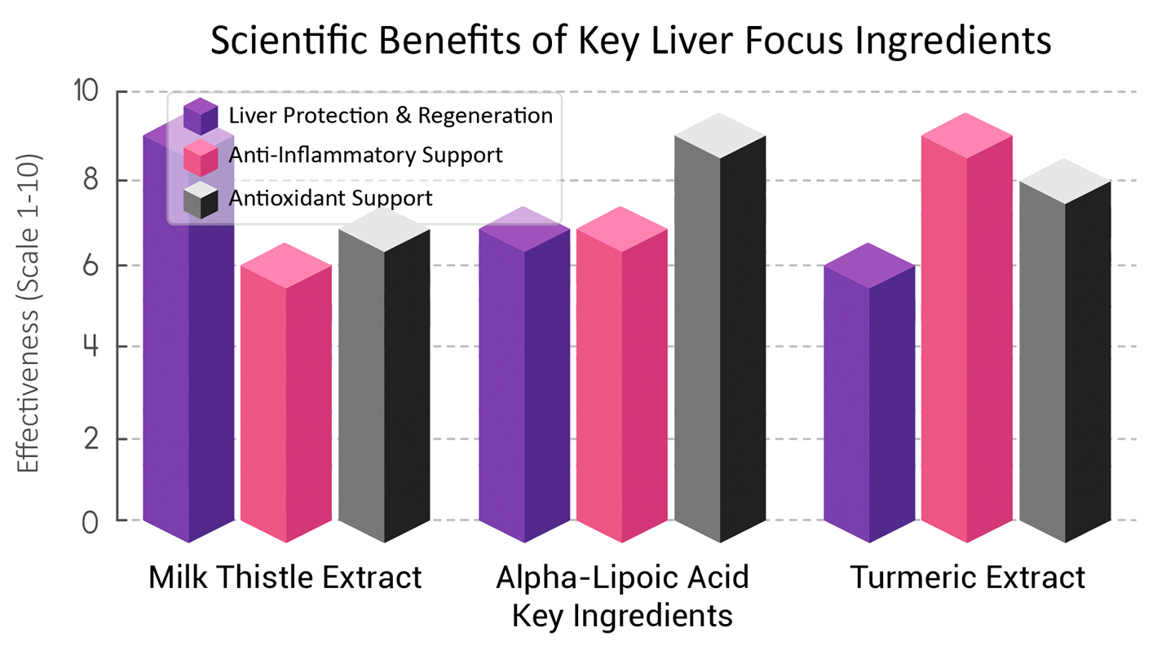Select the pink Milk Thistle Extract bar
(286, 399)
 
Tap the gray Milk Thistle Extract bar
(384, 383)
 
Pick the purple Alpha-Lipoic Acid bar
(523, 383)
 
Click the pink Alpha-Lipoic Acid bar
(621, 383)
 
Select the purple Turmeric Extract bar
(869, 399)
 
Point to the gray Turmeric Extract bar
(1065, 358)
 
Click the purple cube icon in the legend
(201, 116)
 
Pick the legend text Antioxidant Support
(330, 198)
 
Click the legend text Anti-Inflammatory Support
(366, 155)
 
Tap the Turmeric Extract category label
(967, 578)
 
